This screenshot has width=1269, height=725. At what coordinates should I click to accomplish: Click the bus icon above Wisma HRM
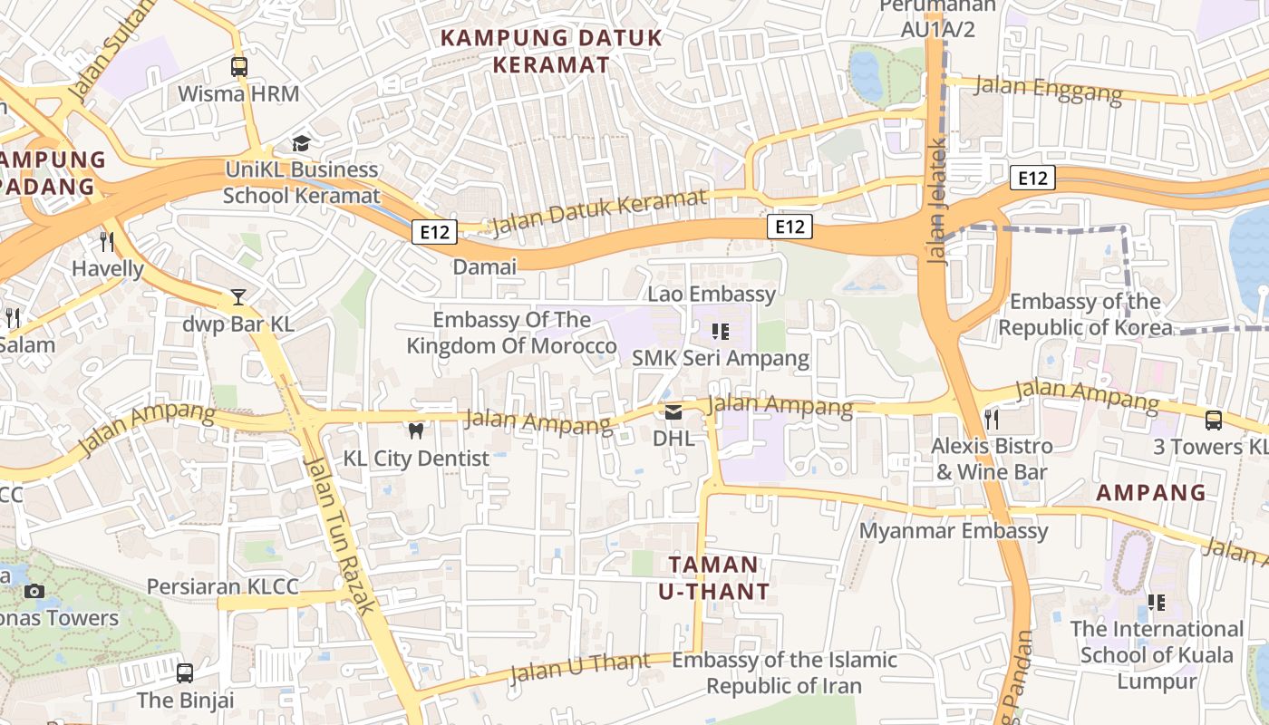[239, 66]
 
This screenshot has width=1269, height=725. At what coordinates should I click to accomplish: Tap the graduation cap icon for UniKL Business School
[301, 143]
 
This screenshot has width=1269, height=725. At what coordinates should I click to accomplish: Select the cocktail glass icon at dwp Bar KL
[237, 297]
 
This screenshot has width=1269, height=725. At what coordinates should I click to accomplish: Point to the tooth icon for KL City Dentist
[416, 431]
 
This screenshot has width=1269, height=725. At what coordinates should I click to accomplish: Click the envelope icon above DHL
[673, 413]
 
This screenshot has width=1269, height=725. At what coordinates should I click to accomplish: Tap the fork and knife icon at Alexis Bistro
[992, 419]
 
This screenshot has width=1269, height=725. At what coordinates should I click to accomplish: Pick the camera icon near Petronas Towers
[34, 591]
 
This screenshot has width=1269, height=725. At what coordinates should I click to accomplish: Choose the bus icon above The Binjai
[185, 672]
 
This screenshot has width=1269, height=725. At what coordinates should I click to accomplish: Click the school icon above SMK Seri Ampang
[721, 332]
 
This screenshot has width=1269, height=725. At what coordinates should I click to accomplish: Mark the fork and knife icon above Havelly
[107, 241]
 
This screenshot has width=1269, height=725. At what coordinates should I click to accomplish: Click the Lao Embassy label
[712, 294]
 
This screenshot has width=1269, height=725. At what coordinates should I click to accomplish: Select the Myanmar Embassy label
[954, 531]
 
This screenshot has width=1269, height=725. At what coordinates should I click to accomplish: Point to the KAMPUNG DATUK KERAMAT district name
[551, 51]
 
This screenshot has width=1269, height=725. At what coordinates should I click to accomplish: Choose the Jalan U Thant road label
[580, 668]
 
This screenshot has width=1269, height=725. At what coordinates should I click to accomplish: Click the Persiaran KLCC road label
[222, 586]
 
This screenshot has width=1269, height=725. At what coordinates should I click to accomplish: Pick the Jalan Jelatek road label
[937, 201]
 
